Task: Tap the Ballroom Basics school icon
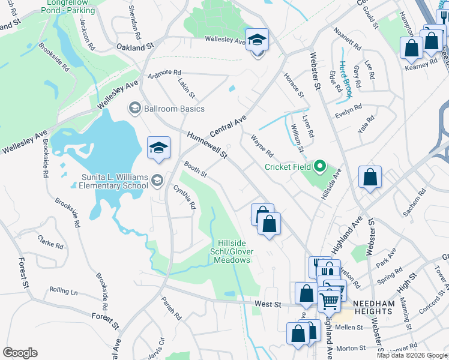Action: [134, 109]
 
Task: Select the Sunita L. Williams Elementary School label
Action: [114, 181]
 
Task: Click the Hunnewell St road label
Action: [207, 146]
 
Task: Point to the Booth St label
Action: [195, 169]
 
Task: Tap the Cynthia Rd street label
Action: [185, 197]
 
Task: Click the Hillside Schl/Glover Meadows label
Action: [234, 251]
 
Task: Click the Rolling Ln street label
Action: [64, 291]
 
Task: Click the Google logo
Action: [20, 353]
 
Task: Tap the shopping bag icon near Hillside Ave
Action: [370, 177]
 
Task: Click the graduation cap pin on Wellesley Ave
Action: [257, 40]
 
